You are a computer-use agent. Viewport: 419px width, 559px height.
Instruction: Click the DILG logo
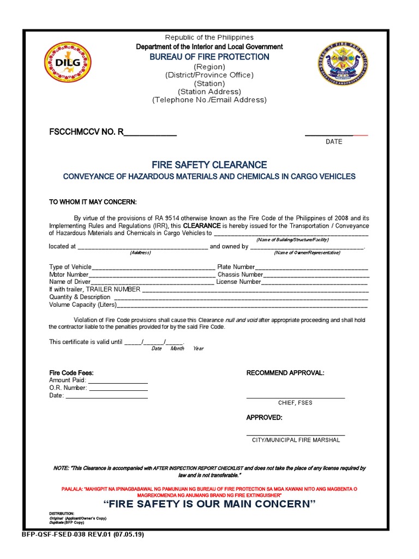click(x=67, y=62)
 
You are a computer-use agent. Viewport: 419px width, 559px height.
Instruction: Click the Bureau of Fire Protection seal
click(x=343, y=64)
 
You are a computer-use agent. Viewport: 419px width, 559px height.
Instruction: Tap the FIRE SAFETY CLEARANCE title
click(x=209, y=164)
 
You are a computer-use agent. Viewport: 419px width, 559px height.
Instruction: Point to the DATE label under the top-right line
click(x=334, y=141)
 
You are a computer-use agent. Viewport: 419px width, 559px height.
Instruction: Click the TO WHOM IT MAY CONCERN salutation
click(x=93, y=202)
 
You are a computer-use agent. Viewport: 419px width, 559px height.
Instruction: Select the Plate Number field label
click(x=236, y=267)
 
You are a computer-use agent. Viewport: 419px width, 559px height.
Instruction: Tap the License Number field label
click(x=238, y=282)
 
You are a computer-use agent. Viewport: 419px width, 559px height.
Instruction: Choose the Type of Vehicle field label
click(x=70, y=267)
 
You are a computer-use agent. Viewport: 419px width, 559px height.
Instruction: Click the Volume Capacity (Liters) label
click(x=82, y=305)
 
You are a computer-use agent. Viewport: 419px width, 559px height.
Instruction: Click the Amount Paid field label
click(x=67, y=380)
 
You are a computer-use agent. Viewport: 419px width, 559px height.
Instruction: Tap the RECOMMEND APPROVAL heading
click(x=285, y=373)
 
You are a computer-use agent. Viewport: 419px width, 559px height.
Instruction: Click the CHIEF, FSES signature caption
click(x=295, y=403)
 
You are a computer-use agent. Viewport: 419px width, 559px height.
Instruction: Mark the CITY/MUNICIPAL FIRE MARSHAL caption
click(x=295, y=440)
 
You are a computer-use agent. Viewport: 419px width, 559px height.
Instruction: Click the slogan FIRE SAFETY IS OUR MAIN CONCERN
click(x=209, y=504)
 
